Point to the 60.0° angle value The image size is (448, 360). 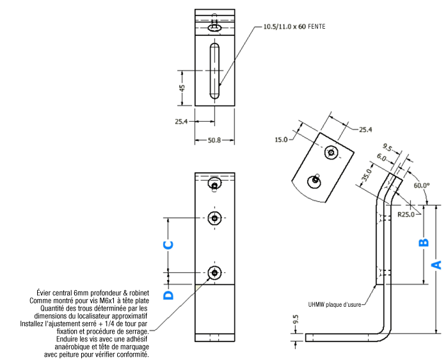pyautogui.click(x=422, y=186)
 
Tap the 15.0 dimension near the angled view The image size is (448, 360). pyautogui.click(x=281, y=139)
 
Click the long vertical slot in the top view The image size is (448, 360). pyautogui.click(x=215, y=70)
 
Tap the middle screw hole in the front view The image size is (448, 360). pyautogui.click(x=214, y=218)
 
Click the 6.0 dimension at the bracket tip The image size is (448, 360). pyautogui.click(x=381, y=157)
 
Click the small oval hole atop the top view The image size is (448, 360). pyautogui.click(x=216, y=28)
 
